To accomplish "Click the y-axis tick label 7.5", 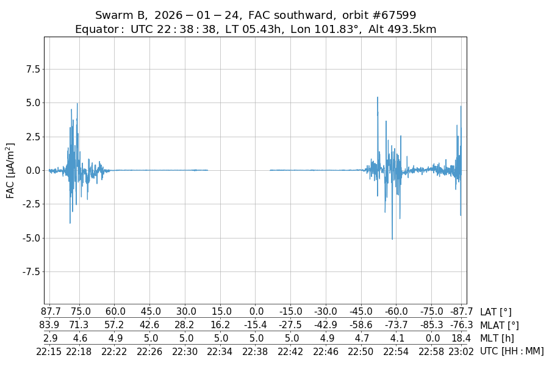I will [x=32, y=69].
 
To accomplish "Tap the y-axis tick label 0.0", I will [x=32, y=170].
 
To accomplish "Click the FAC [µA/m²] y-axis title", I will [x=10, y=170].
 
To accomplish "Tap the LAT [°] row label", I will [x=496, y=312].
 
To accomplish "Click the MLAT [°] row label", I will [x=500, y=325].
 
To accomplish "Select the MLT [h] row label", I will [x=497, y=338].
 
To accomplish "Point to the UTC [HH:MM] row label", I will [x=512, y=351].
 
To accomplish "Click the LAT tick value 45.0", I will [x=151, y=312].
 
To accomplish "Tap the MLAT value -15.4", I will [x=256, y=325].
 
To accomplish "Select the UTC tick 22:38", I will [x=256, y=351].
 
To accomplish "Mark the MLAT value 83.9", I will [x=49, y=325].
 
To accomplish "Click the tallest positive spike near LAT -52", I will [x=378, y=98].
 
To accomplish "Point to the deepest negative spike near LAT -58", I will [x=392, y=239].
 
